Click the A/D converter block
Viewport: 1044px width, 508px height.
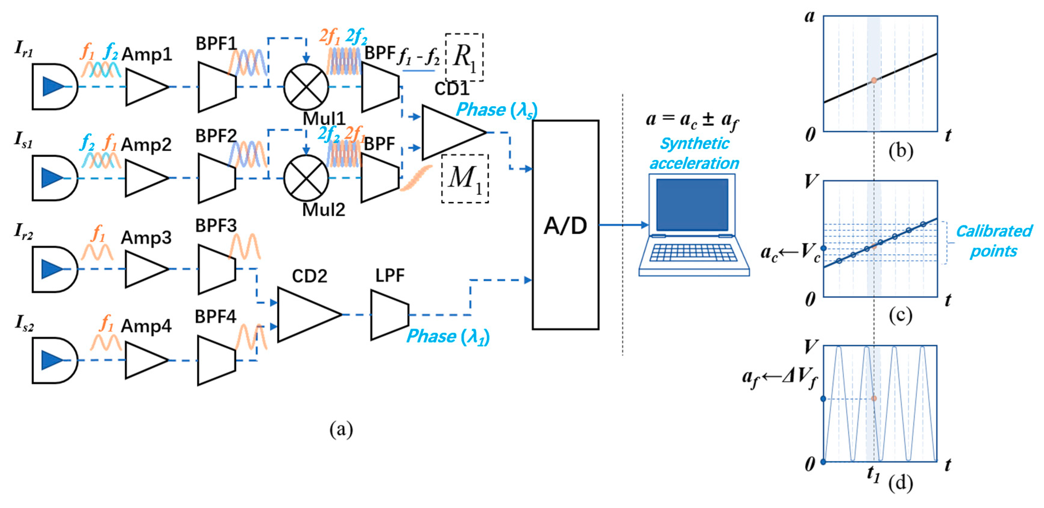[565, 225]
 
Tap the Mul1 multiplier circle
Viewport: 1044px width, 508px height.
[306, 87]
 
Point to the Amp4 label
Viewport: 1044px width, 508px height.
[146, 326]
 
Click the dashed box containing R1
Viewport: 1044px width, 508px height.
[464, 57]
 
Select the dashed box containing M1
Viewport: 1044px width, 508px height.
[465, 179]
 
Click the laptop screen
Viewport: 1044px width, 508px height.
[692, 204]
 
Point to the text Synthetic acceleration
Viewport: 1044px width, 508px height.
[694, 154]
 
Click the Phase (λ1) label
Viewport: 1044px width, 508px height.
[448, 337]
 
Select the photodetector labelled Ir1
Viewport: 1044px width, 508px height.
[54, 87]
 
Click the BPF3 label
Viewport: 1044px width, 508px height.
[216, 226]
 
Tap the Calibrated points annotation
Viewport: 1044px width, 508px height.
[994, 242]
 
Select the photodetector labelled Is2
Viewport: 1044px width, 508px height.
[54, 360]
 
